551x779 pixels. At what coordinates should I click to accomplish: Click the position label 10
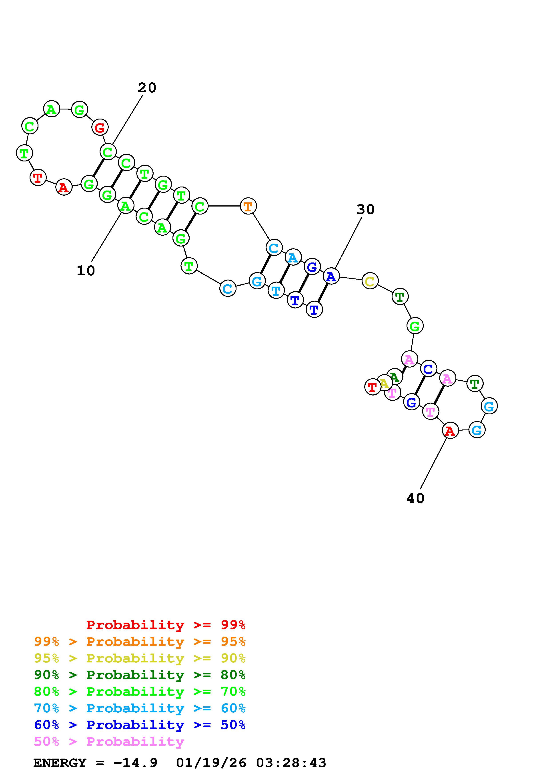point(86,271)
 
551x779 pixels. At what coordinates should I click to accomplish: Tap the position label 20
point(147,88)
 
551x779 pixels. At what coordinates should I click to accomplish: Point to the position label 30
point(365,210)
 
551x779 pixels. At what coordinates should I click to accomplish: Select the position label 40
point(415,498)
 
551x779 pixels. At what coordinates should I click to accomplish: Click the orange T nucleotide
point(248,206)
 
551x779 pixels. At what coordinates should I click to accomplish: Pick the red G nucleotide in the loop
point(100,127)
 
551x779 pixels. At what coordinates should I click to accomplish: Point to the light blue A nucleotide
point(293,258)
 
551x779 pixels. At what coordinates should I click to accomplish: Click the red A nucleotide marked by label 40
point(450,431)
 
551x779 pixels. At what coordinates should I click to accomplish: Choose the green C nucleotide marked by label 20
point(108,152)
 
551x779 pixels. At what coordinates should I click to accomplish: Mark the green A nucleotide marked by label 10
point(126,206)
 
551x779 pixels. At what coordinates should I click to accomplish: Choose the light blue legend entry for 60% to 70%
point(140,708)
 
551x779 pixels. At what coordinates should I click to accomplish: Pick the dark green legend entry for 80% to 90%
point(140,675)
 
